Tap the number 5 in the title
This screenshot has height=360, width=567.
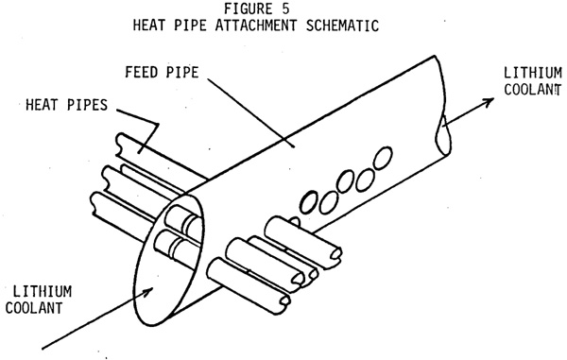[x=285, y=9]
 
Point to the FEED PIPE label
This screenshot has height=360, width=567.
[x=162, y=73]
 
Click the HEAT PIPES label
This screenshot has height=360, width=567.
[x=66, y=105]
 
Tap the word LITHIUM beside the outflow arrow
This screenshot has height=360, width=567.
[x=533, y=73]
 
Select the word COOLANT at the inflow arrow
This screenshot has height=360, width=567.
[x=34, y=308]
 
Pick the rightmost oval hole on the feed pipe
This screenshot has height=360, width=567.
[x=383, y=158]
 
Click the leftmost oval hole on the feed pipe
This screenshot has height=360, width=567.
[x=309, y=202]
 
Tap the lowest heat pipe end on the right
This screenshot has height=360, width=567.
[x=283, y=300]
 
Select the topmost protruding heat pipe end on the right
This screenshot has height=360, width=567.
[x=335, y=253]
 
